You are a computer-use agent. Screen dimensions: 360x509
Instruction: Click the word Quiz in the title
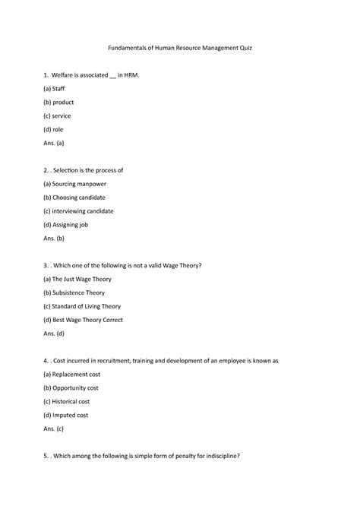pos(244,48)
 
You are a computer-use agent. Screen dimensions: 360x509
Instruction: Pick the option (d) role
pos(55,130)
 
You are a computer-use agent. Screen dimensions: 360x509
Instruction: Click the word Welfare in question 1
pos(66,75)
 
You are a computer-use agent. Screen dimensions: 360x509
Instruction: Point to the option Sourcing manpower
pos(75,184)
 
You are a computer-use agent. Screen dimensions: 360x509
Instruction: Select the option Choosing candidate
pos(74,198)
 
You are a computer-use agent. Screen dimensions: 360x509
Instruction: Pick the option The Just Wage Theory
pos(77,279)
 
